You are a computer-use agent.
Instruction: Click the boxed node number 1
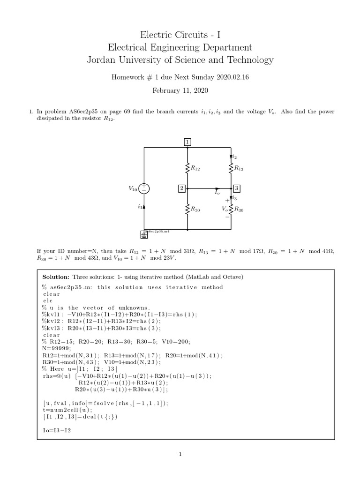(x=187, y=142)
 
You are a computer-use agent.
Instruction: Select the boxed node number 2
(x=181, y=188)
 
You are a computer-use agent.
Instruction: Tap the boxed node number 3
(x=236, y=188)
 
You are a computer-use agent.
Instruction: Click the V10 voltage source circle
(x=144, y=188)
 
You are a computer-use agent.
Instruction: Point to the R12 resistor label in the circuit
(x=195, y=167)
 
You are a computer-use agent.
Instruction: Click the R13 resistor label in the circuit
(x=239, y=167)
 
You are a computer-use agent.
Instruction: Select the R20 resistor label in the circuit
(x=195, y=210)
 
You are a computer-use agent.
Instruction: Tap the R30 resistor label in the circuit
(x=239, y=210)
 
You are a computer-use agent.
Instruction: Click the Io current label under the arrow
(x=217, y=193)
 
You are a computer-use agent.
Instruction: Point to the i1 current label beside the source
(x=140, y=206)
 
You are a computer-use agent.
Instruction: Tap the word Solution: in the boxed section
(x=58, y=277)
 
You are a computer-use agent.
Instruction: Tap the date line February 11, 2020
(x=180, y=90)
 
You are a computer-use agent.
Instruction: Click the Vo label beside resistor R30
(x=225, y=210)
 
